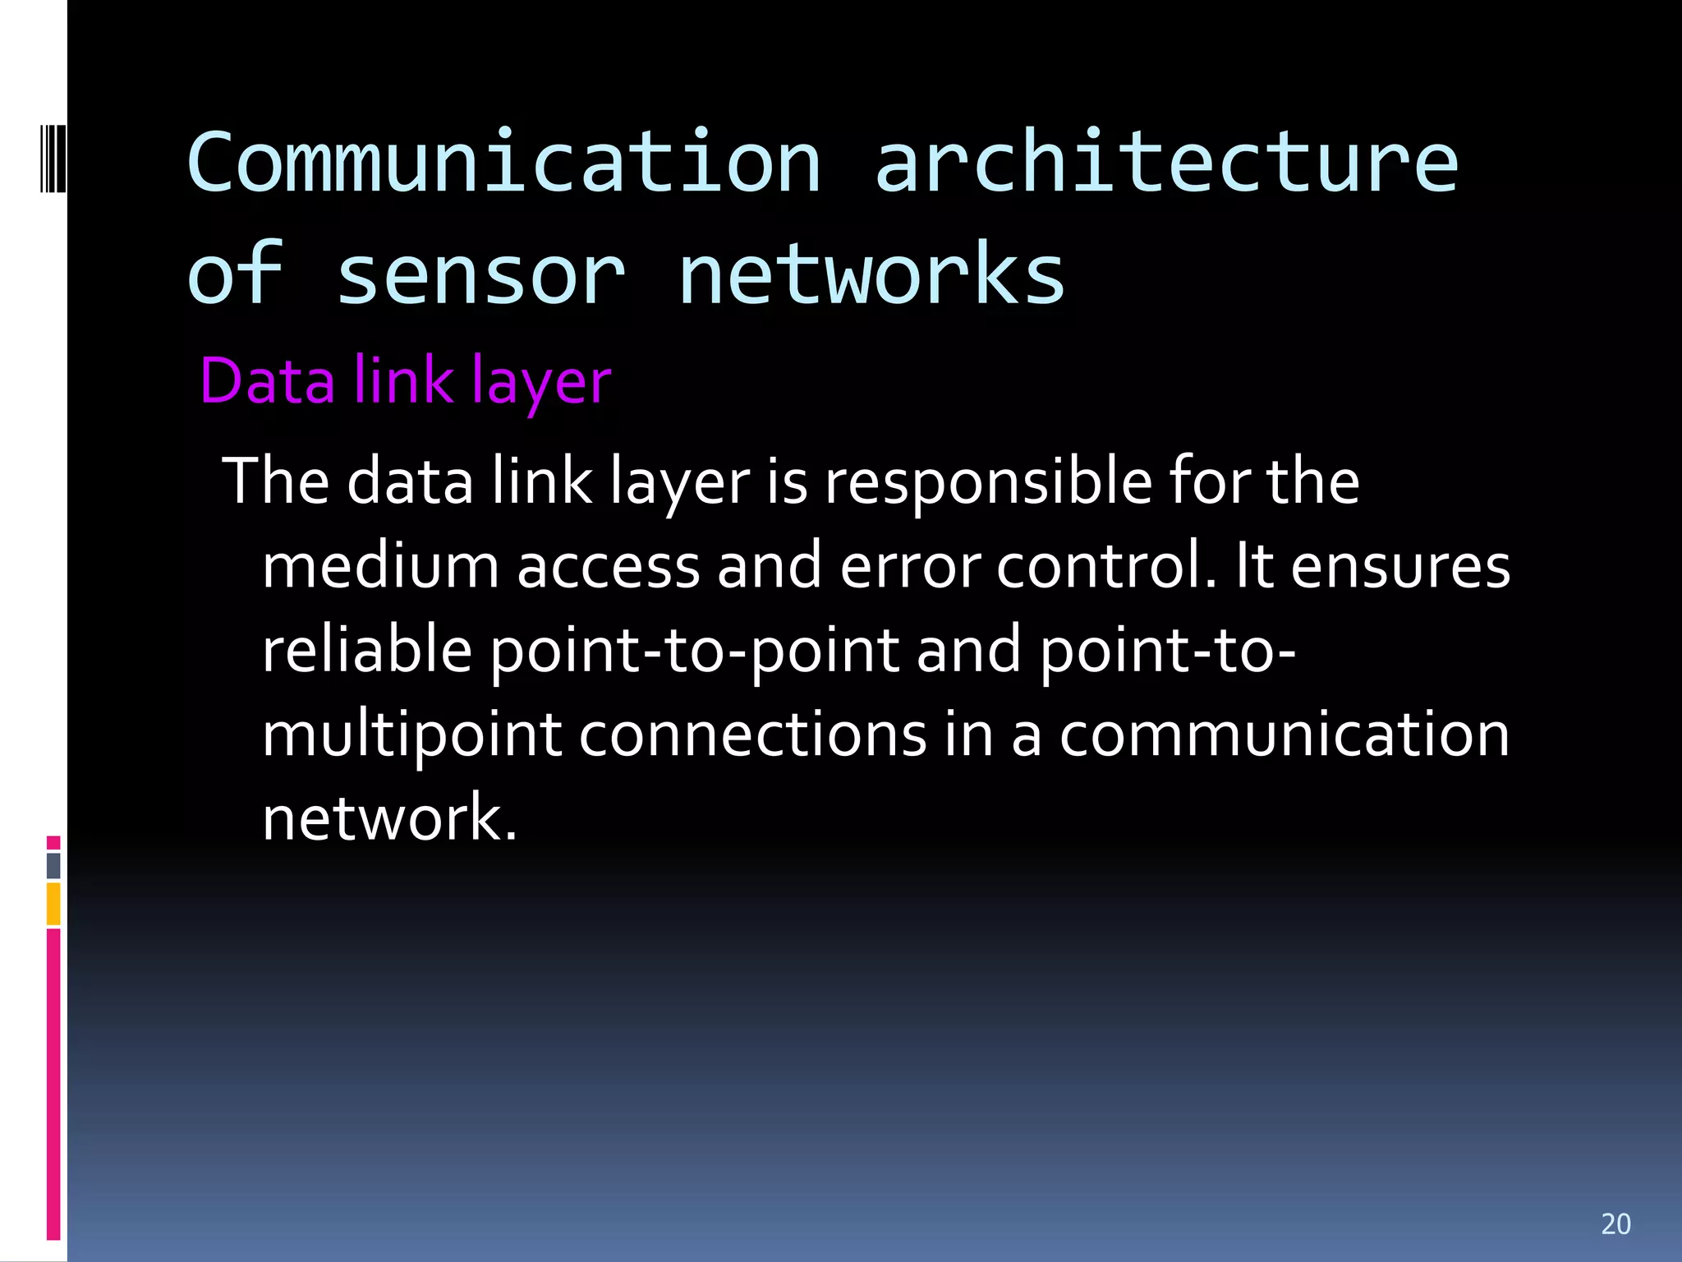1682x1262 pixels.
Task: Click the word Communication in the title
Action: click(503, 163)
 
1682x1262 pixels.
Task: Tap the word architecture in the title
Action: click(1166, 163)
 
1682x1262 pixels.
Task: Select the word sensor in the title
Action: click(480, 275)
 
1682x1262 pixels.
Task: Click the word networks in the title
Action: click(871, 275)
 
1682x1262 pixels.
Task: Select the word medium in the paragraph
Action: click(380, 567)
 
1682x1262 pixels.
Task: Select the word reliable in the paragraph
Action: click(366, 650)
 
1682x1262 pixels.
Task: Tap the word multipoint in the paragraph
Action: click(411, 736)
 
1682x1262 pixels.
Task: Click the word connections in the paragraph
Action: click(753, 735)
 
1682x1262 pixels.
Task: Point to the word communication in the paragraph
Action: click(1284, 735)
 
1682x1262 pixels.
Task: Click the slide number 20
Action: click(1615, 1224)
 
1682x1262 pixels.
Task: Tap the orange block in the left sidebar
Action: click(53, 904)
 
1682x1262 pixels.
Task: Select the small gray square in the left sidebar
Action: click(53, 865)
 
